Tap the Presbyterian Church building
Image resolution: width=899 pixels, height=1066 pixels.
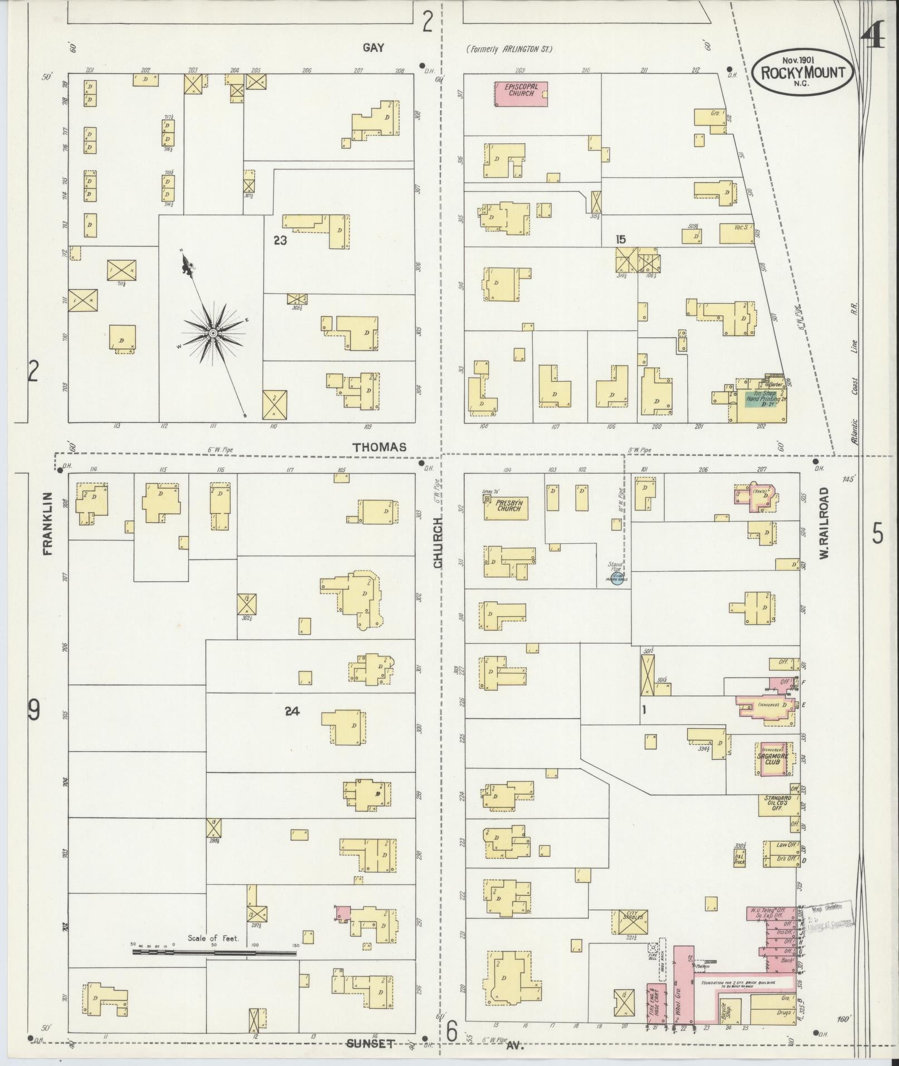pos(506,505)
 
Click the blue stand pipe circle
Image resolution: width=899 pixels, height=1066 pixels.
pos(616,580)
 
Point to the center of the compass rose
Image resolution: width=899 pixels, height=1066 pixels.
pos(212,333)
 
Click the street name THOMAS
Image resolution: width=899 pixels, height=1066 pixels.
pos(379,447)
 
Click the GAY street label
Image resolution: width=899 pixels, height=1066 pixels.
pos(373,48)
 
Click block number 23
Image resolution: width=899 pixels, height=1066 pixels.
pos(280,241)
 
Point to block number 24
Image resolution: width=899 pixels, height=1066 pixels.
pos(291,711)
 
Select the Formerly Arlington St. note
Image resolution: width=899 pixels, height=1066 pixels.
pos(508,49)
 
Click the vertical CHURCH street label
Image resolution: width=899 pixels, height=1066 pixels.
pos(438,542)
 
